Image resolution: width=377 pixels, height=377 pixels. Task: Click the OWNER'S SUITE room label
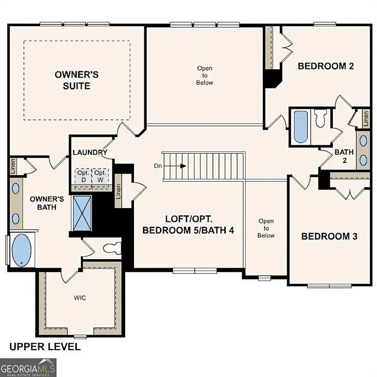(x=76, y=80)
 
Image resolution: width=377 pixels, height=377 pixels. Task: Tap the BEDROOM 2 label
(x=326, y=66)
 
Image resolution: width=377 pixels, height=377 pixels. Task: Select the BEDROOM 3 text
(x=329, y=236)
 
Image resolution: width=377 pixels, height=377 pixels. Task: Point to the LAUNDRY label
(x=90, y=152)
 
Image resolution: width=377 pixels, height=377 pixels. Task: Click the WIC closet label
(x=80, y=297)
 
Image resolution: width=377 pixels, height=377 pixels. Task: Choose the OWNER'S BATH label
(x=47, y=203)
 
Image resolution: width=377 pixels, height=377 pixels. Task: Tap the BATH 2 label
(x=344, y=156)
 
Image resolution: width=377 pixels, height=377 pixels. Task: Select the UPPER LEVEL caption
(x=45, y=347)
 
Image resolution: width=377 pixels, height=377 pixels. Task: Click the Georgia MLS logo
(x=28, y=367)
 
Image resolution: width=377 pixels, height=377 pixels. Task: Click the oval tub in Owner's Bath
(x=21, y=250)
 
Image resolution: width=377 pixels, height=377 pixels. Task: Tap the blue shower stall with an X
(x=81, y=213)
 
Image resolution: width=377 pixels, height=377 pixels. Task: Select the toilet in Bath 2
(x=320, y=118)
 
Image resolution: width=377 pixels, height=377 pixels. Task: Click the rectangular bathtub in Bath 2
(x=300, y=126)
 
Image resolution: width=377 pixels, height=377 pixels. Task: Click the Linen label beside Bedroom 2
(x=366, y=118)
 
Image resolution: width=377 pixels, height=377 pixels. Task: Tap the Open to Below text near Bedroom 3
(x=266, y=228)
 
